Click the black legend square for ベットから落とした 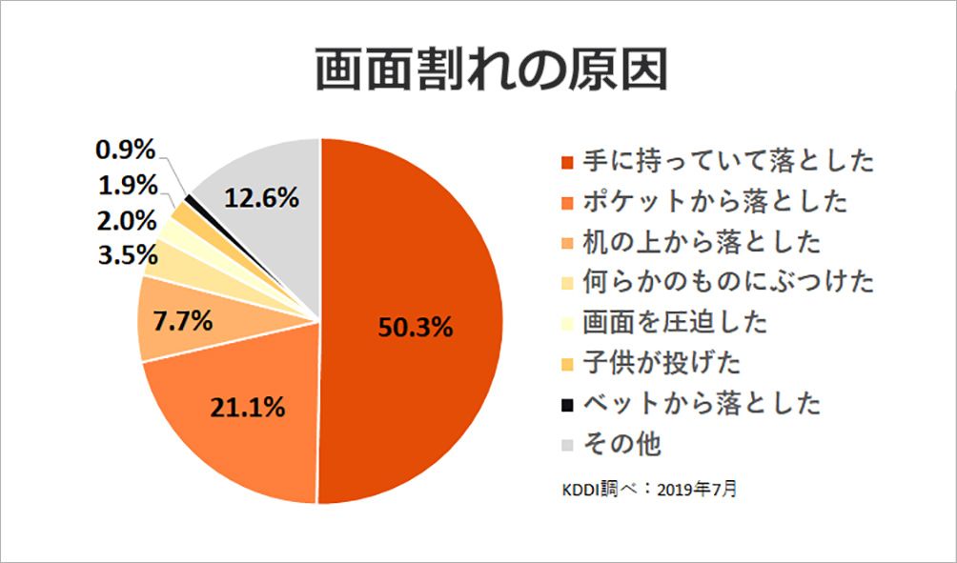568,405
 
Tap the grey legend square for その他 568,445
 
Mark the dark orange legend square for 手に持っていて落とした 568,162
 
